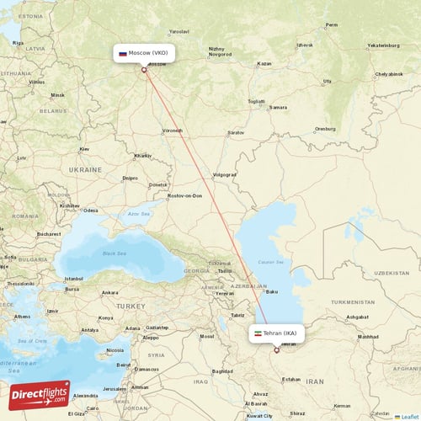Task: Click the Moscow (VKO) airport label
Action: coord(147,52)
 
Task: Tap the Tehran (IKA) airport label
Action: coord(280,333)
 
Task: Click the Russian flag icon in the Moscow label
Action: coord(123,53)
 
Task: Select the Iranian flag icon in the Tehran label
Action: coord(258,333)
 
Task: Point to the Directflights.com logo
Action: coord(39,395)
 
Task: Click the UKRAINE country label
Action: coord(85,169)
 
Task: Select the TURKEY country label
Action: coord(130,305)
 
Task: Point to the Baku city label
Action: coord(271,292)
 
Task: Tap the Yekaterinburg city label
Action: coord(383,45)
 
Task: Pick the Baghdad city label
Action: coord(222,371)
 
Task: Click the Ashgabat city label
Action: coord(357,317)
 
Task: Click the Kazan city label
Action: coord(264,64)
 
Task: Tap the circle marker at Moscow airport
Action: coord(144,70)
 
